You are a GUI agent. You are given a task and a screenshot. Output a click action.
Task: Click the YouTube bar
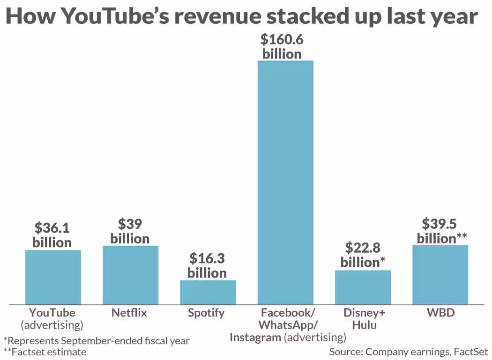coord(53,277)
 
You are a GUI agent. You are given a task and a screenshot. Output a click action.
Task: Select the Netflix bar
coord(130,275)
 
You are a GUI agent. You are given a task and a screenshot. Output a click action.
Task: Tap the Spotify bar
coord(208,292)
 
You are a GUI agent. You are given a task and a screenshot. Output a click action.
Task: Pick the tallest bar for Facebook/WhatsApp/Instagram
coord(285,183)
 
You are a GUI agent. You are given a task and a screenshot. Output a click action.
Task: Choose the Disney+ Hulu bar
coord(363,287)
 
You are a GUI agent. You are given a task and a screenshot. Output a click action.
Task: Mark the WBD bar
coord(440,274)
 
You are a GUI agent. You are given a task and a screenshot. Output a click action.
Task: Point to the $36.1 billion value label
coord(52,235)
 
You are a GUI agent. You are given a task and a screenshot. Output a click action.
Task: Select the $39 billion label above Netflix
coord(130,231)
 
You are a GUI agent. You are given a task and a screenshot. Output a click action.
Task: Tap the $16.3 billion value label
coord(207,265)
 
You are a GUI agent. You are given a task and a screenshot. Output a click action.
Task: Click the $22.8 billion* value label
coord(363,255)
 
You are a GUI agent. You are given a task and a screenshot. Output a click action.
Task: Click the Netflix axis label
coord(129,313)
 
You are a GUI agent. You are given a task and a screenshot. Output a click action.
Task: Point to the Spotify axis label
coord(206,313)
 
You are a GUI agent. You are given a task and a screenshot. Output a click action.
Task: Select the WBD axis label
coord(440,313)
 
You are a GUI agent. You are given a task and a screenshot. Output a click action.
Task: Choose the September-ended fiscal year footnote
coord(97,340)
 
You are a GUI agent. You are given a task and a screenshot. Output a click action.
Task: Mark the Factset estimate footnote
coord(45,352)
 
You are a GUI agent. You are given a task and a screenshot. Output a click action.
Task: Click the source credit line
coord(409,352)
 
